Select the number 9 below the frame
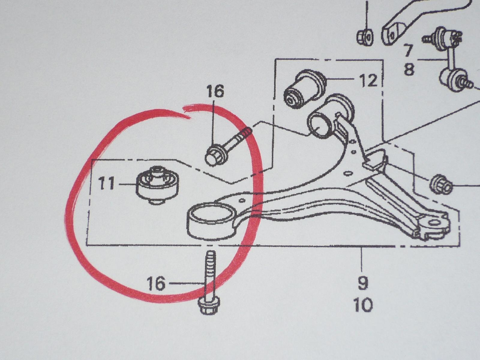pyautogui.click(x=363, y=283)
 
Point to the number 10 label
pyautogui.click(x=363, y=305)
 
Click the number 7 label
pyautogui.click(x=407, y=51)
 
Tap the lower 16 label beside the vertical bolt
pyautogui.click(x=156, y=283)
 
